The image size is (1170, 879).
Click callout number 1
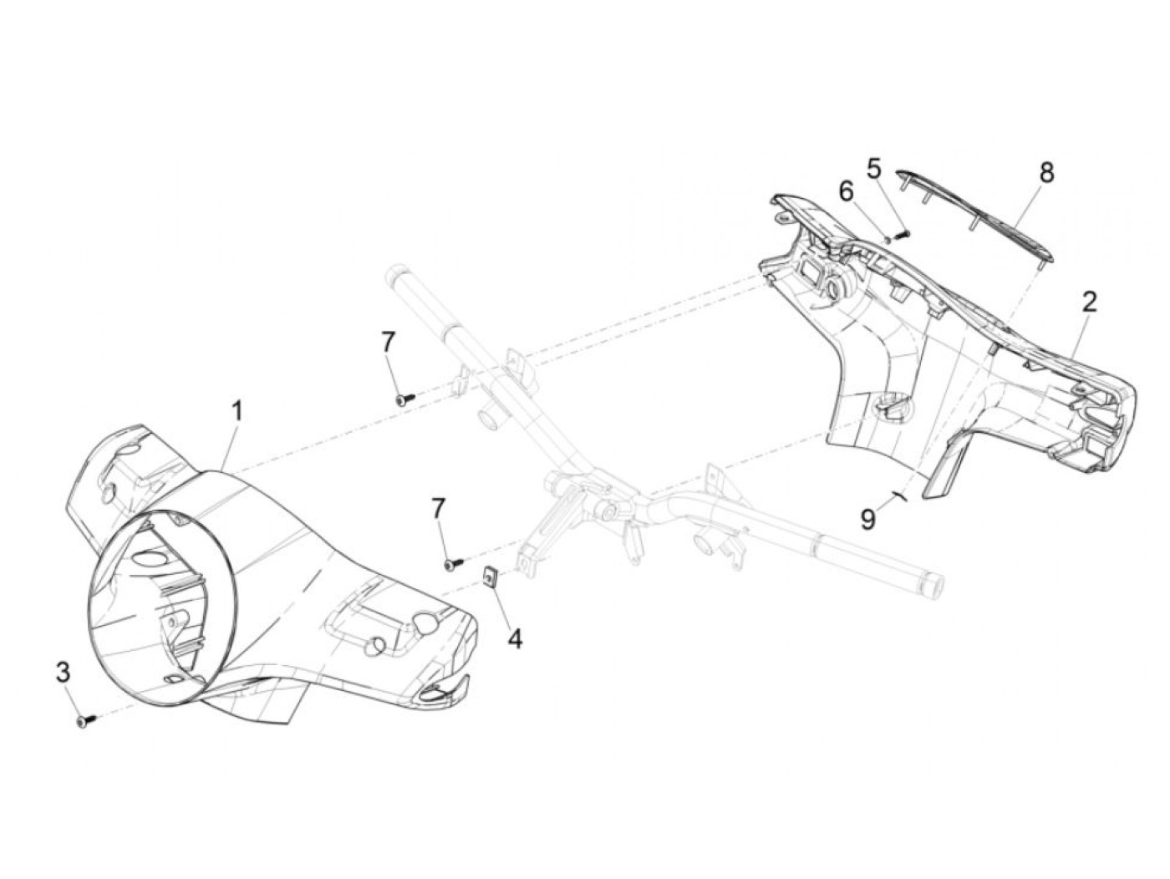(x=237, y=411)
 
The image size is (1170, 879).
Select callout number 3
(x=64, y=673)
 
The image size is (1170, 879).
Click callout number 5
(x=873, y=169)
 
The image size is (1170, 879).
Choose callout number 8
(x=1046, y=173)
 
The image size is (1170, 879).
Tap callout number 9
(x=868, y=520)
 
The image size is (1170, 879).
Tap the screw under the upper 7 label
(x=404, y=400)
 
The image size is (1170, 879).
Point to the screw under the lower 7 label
(x=451, y=566)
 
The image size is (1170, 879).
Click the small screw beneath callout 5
(x=900, y=235)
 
